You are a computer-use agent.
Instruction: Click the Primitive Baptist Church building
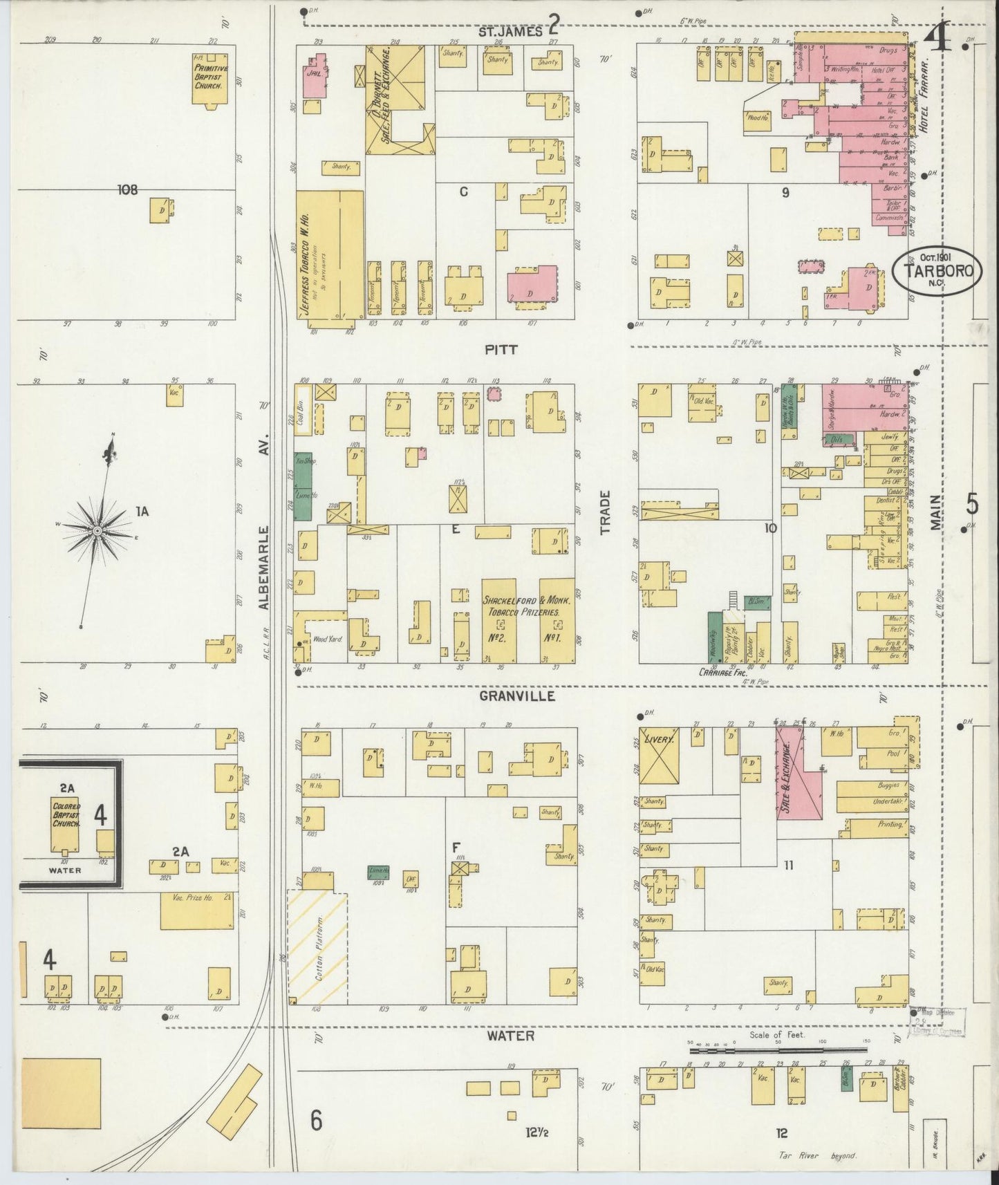(211, 78)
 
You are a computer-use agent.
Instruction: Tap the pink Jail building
(314, 77)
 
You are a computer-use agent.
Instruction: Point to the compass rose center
(97, 530)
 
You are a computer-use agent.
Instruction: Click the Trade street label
(606, 513)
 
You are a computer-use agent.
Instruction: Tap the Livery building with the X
(658, 756)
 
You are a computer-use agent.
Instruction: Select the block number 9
(785, 193)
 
